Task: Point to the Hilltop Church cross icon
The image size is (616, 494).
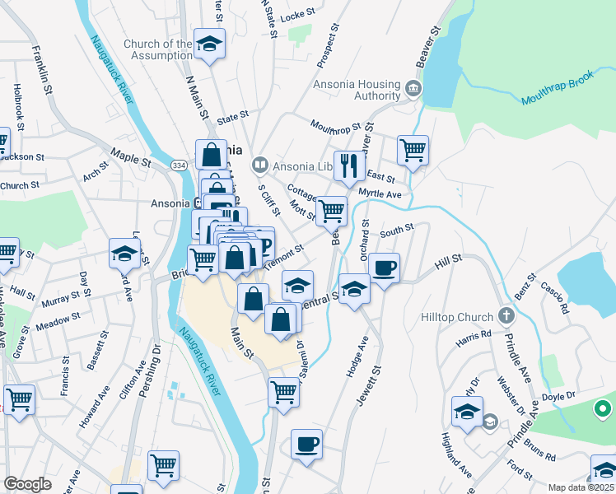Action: [x=506, y=316]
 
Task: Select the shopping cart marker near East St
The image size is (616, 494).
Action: [x=413, y=151]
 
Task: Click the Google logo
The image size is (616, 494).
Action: [x=27, y=484]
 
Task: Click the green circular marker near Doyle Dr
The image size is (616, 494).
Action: [x=602, y=408]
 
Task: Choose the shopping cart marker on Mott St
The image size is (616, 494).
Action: [x=332, y=211]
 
